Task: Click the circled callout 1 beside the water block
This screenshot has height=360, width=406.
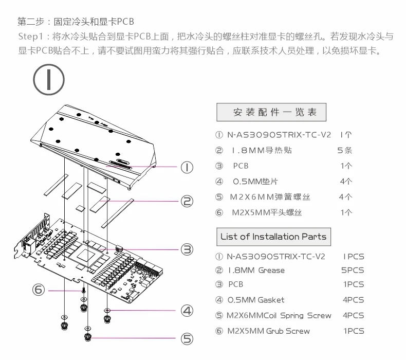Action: (187, 167)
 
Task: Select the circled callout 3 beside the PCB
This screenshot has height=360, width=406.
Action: (187, 249)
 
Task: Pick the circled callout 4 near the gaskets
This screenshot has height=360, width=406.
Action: (187, 310)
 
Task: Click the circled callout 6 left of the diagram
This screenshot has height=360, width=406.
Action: (39, 290)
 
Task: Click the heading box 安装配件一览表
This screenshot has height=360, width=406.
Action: (271, 112)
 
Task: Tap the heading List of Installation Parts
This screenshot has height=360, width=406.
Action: (273, 237)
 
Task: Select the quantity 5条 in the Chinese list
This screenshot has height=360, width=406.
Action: (344, 151)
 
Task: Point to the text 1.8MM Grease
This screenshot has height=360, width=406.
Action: (256, 271)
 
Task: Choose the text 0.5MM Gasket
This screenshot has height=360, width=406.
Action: (256, 300)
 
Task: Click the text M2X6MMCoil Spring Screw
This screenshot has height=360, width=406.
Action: (279, 315)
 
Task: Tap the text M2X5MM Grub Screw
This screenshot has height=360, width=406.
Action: (268, 331)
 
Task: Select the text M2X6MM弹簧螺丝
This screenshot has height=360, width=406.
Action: (270, 197)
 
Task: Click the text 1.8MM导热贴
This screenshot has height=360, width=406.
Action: (262, 151)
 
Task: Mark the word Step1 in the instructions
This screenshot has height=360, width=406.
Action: (32, 37)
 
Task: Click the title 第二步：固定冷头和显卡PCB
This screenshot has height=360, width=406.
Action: (76, 22)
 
